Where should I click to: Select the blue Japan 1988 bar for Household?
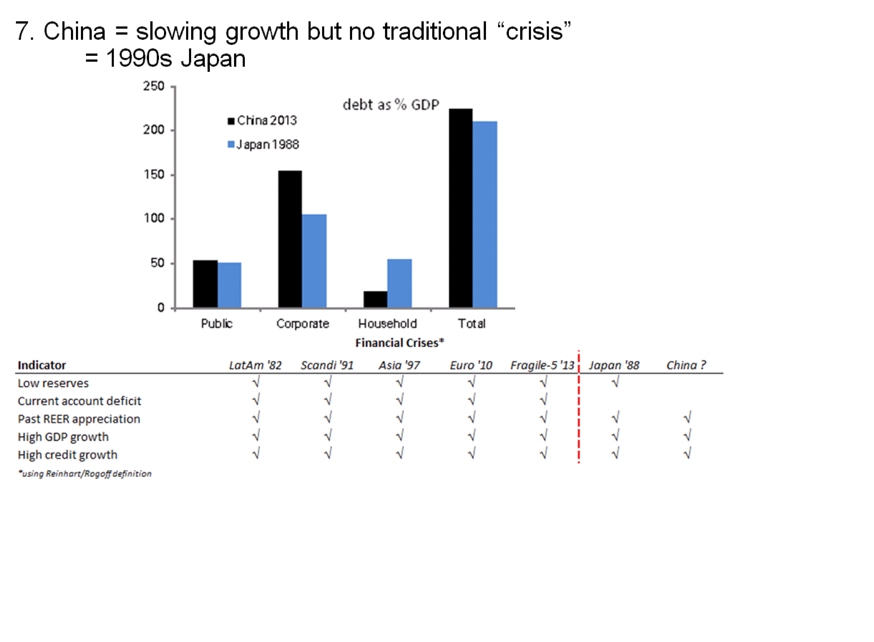click(x=399, y=283)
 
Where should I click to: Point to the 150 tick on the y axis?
click(x=154, y=174)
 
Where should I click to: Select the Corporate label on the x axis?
click(x=302, y=323)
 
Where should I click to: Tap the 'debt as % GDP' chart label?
click(x=391, y=105)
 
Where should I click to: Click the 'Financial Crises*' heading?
click(x=399, y=343)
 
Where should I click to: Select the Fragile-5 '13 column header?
click(x=542, y=365)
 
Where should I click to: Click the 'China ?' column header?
click(x=686, y=365)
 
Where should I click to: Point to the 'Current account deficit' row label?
click(x=79, y=401)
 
